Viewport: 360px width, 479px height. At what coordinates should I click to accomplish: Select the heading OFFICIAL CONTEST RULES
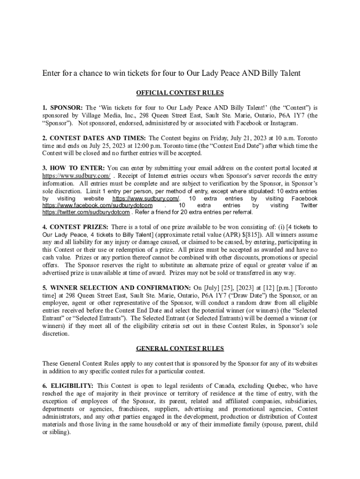pyautogui.click(x=180, y=93)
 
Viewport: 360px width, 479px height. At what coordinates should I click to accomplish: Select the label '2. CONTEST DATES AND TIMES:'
pyautogui.click(x=94, y=138)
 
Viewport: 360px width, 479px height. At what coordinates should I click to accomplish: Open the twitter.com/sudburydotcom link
pyautogui.click(x=86, y=212)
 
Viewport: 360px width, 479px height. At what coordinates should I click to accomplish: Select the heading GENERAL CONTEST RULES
pyautogui.click(x=180, y=348)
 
